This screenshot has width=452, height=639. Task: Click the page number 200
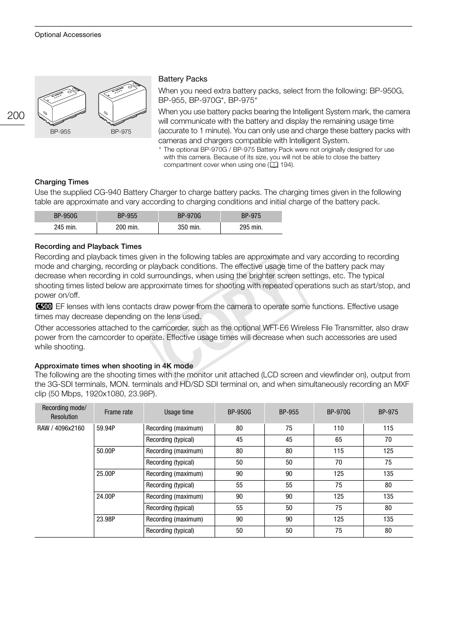click(16, 115)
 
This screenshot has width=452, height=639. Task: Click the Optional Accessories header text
click(68, 35)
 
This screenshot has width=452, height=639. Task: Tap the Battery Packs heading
click(182, 79)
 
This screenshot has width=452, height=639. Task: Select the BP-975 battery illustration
click(122, 103)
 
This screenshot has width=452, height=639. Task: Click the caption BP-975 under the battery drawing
click(121, 132)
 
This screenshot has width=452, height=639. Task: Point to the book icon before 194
click(273, 165)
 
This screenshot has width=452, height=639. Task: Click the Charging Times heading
click(62, 182)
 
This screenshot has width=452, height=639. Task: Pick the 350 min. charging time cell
click(189, 228)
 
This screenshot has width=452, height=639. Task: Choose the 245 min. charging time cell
click(65, 228)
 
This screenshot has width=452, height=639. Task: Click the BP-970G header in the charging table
click(189, 216)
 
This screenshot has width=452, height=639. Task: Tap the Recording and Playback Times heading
click(88, 246)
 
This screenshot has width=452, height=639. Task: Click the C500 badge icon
click(44, 307)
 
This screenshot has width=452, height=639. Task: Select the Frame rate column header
click(118, 412)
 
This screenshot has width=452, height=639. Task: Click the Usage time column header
click(179, 412)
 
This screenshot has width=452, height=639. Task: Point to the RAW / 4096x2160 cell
click(61, 429)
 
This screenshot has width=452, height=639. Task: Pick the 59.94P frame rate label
click(106, 429)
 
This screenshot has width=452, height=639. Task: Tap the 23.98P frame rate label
click(106, 520)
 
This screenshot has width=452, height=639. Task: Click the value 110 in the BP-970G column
click(338, 429)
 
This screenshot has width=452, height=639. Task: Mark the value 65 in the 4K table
click(338, 440)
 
